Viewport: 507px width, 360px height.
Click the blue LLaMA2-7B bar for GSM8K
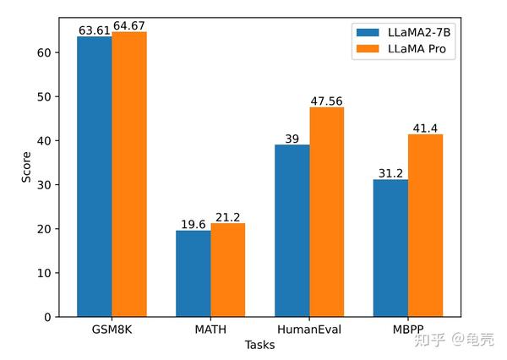94,177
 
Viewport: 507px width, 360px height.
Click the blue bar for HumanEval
292,231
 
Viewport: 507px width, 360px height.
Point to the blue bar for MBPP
390,248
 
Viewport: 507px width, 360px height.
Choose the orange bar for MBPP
426,226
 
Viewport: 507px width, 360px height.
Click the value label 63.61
94,30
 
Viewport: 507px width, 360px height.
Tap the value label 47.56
327,101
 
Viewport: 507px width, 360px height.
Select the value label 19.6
193,225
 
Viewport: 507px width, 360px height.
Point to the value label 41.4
426,128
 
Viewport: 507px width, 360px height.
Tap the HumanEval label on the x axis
309,330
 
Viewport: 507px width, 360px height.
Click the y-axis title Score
25,166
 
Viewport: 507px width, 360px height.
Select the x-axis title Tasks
259,345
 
